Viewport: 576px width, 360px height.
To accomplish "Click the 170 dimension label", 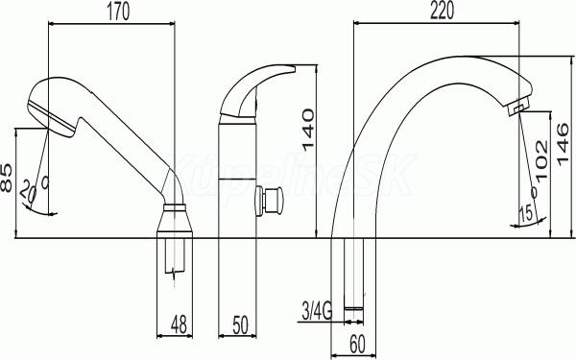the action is [118, 12].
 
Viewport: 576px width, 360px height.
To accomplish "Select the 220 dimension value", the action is [442, 11].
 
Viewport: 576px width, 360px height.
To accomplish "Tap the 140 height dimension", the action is [308, 130].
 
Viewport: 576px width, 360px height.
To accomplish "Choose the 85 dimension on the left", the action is [7, 179].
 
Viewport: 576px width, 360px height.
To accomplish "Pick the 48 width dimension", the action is [179, 324].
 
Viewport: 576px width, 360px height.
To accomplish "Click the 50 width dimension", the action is [240, 325].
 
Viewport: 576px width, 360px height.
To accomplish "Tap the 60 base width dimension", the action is [357, 345].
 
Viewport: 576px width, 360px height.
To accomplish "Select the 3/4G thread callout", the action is [317, 311].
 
